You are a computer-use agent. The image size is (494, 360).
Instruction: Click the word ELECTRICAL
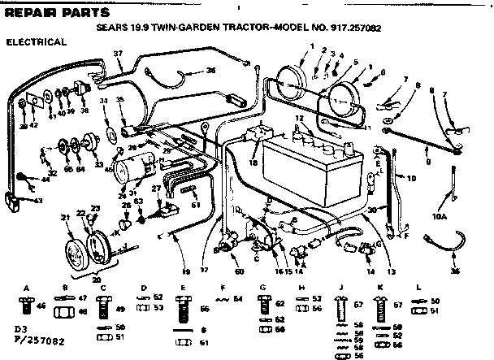[36, 41]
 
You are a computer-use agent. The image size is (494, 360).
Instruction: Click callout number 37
[118, 54]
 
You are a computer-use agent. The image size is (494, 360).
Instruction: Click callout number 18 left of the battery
[253, 163]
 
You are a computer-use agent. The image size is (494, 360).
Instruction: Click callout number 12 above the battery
[298, 119]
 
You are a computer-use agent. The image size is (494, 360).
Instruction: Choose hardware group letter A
[27, 288]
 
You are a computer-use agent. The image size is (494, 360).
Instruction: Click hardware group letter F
[222, 288]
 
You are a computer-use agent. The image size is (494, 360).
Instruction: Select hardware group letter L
[418, 288]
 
